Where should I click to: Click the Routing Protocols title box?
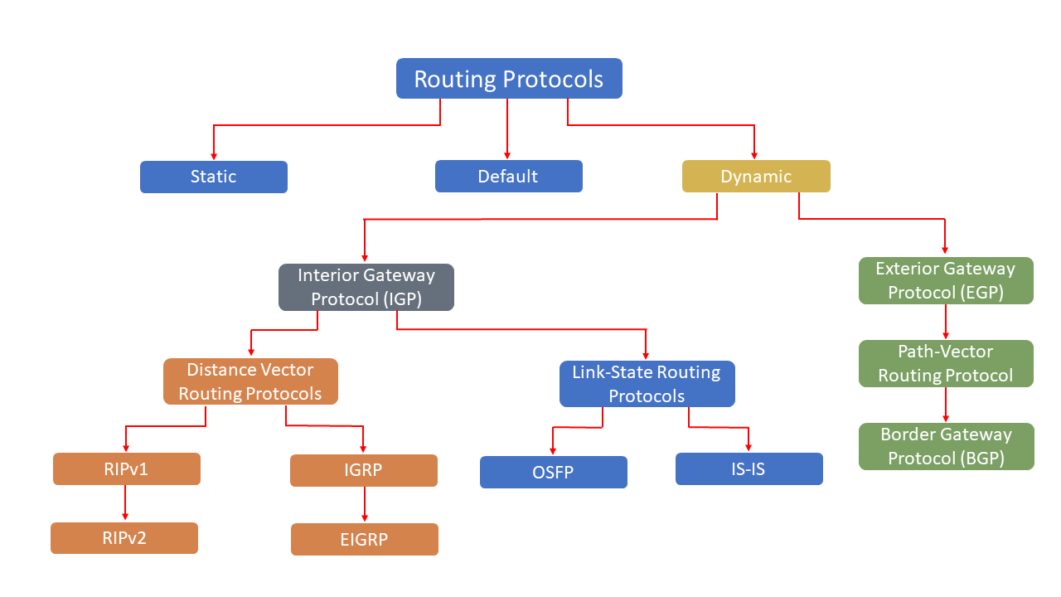[x=509, y=79]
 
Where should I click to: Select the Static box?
[x=213, y=177]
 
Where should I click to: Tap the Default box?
[x=508, y=177]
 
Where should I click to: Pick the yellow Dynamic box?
[x=755, y=177]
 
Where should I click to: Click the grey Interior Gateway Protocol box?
[x=366, y=287]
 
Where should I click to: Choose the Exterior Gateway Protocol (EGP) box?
[x=945, y=281]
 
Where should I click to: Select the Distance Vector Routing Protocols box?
[x=250, y=381]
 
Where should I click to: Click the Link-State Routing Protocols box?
[x=647, y=384]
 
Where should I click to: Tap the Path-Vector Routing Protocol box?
[x=945, y=363]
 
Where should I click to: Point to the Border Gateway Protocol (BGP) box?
[x=945, y=446]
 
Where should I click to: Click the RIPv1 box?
[x=126, y=468]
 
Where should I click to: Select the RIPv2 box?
[x=124, y=537]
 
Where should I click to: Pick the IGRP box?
[x=363, y=470]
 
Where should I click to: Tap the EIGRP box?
[x=364, y=539]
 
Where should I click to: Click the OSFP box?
[x=553, y=472]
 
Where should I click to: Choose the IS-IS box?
[x=749, y=468]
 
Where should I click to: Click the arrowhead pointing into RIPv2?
[x=125, y=517]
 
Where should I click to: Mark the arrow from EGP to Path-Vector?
[x=946, y=322]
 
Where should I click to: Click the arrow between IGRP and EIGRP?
[x=364, y=505]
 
